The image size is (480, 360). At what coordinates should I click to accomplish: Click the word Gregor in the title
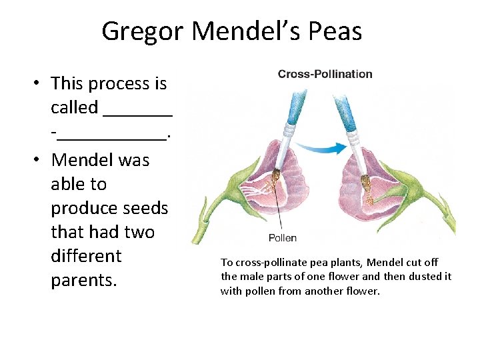143,31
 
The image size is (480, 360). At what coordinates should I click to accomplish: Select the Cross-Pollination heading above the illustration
325,73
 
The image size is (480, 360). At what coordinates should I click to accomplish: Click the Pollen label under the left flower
282,237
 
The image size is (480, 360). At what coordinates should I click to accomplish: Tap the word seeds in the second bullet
146,208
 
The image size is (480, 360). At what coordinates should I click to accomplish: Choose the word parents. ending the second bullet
83,280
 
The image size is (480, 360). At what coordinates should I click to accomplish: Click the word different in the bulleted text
86,256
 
